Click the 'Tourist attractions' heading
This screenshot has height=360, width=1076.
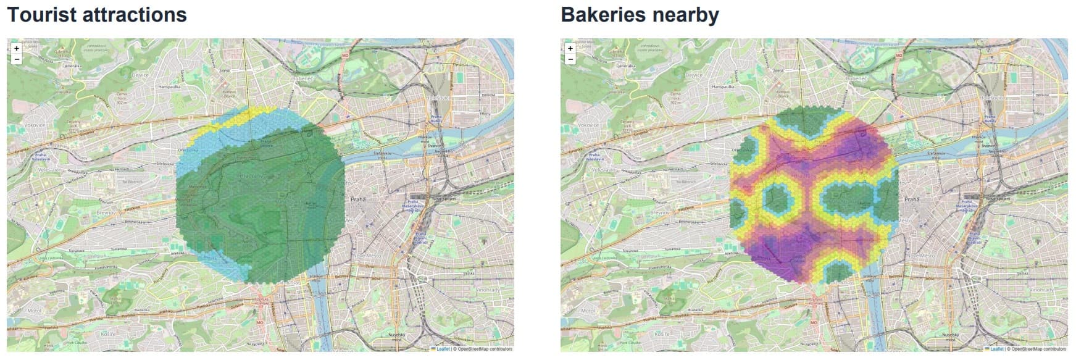97,14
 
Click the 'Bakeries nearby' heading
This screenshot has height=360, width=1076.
640,14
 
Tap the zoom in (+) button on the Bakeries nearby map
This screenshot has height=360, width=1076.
570,48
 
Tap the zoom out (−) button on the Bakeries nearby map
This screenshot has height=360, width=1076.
570,59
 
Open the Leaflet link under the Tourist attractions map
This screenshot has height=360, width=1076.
443,349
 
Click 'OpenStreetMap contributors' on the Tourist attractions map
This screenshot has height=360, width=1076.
485,349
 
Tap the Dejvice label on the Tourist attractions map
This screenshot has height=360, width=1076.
140,75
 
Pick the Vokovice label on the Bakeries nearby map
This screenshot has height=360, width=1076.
588,125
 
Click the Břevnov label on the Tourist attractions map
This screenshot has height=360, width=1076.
102,212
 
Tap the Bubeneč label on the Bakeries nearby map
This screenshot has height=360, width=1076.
856,79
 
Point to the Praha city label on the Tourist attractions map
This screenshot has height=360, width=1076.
358,199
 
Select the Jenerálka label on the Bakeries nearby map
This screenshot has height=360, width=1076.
627,65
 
